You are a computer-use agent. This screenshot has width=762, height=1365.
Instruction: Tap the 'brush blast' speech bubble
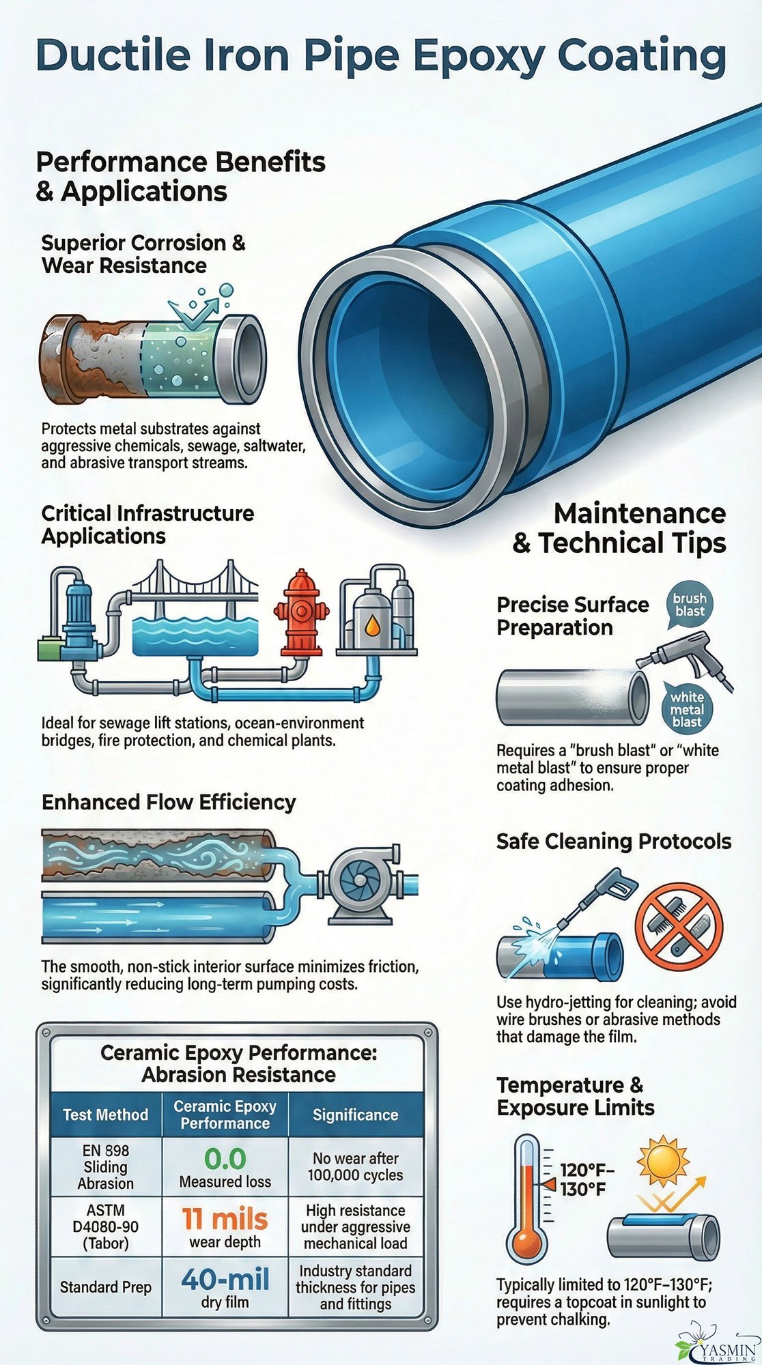pos(689,605)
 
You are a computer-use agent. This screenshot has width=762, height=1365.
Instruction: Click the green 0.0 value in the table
pos(225,1159)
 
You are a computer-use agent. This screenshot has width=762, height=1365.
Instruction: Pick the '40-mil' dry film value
pos(225,1279)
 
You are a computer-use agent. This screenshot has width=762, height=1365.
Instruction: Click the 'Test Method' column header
pos(106,1115)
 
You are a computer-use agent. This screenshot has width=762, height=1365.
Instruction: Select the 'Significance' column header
pos(355,1115)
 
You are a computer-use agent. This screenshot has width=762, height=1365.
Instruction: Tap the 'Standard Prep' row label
pos(106,1287)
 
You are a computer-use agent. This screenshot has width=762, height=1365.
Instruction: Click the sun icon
pos(662,1160)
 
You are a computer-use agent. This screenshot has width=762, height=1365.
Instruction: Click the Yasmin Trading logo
pos(717,1345)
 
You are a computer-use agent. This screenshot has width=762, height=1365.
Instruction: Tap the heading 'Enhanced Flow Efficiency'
pos(169,802)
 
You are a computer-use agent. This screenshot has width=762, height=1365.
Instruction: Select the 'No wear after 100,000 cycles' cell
pos(355,1166)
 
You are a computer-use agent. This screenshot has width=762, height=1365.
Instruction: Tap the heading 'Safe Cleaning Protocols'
pos(614,842)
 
